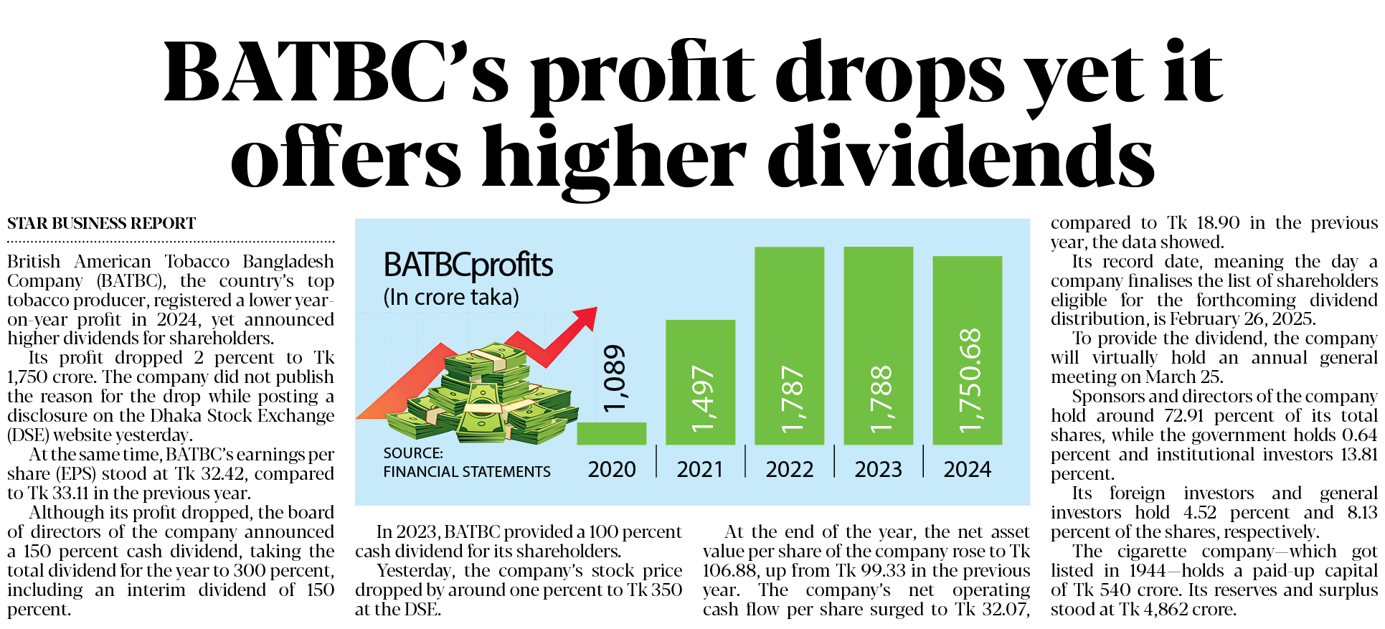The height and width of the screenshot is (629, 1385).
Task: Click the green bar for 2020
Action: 611,433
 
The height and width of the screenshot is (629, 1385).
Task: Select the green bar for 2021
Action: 700,382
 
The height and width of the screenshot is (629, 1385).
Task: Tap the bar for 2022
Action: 789,346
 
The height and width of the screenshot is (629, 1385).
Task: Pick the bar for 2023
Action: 878,346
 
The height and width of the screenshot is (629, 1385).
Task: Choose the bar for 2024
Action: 967,350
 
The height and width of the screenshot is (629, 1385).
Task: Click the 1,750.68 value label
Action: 969,380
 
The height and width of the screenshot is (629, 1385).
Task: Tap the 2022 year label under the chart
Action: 789,469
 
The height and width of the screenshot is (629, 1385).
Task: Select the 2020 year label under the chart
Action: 612,469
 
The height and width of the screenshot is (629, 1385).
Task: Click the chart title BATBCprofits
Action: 468,265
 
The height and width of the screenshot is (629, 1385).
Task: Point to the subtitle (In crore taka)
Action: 451,297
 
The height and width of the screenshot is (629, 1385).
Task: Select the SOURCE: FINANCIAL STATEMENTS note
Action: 466,463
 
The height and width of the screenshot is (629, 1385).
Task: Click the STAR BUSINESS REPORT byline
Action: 101,224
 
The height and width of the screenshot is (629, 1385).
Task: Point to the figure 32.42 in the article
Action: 224,474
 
